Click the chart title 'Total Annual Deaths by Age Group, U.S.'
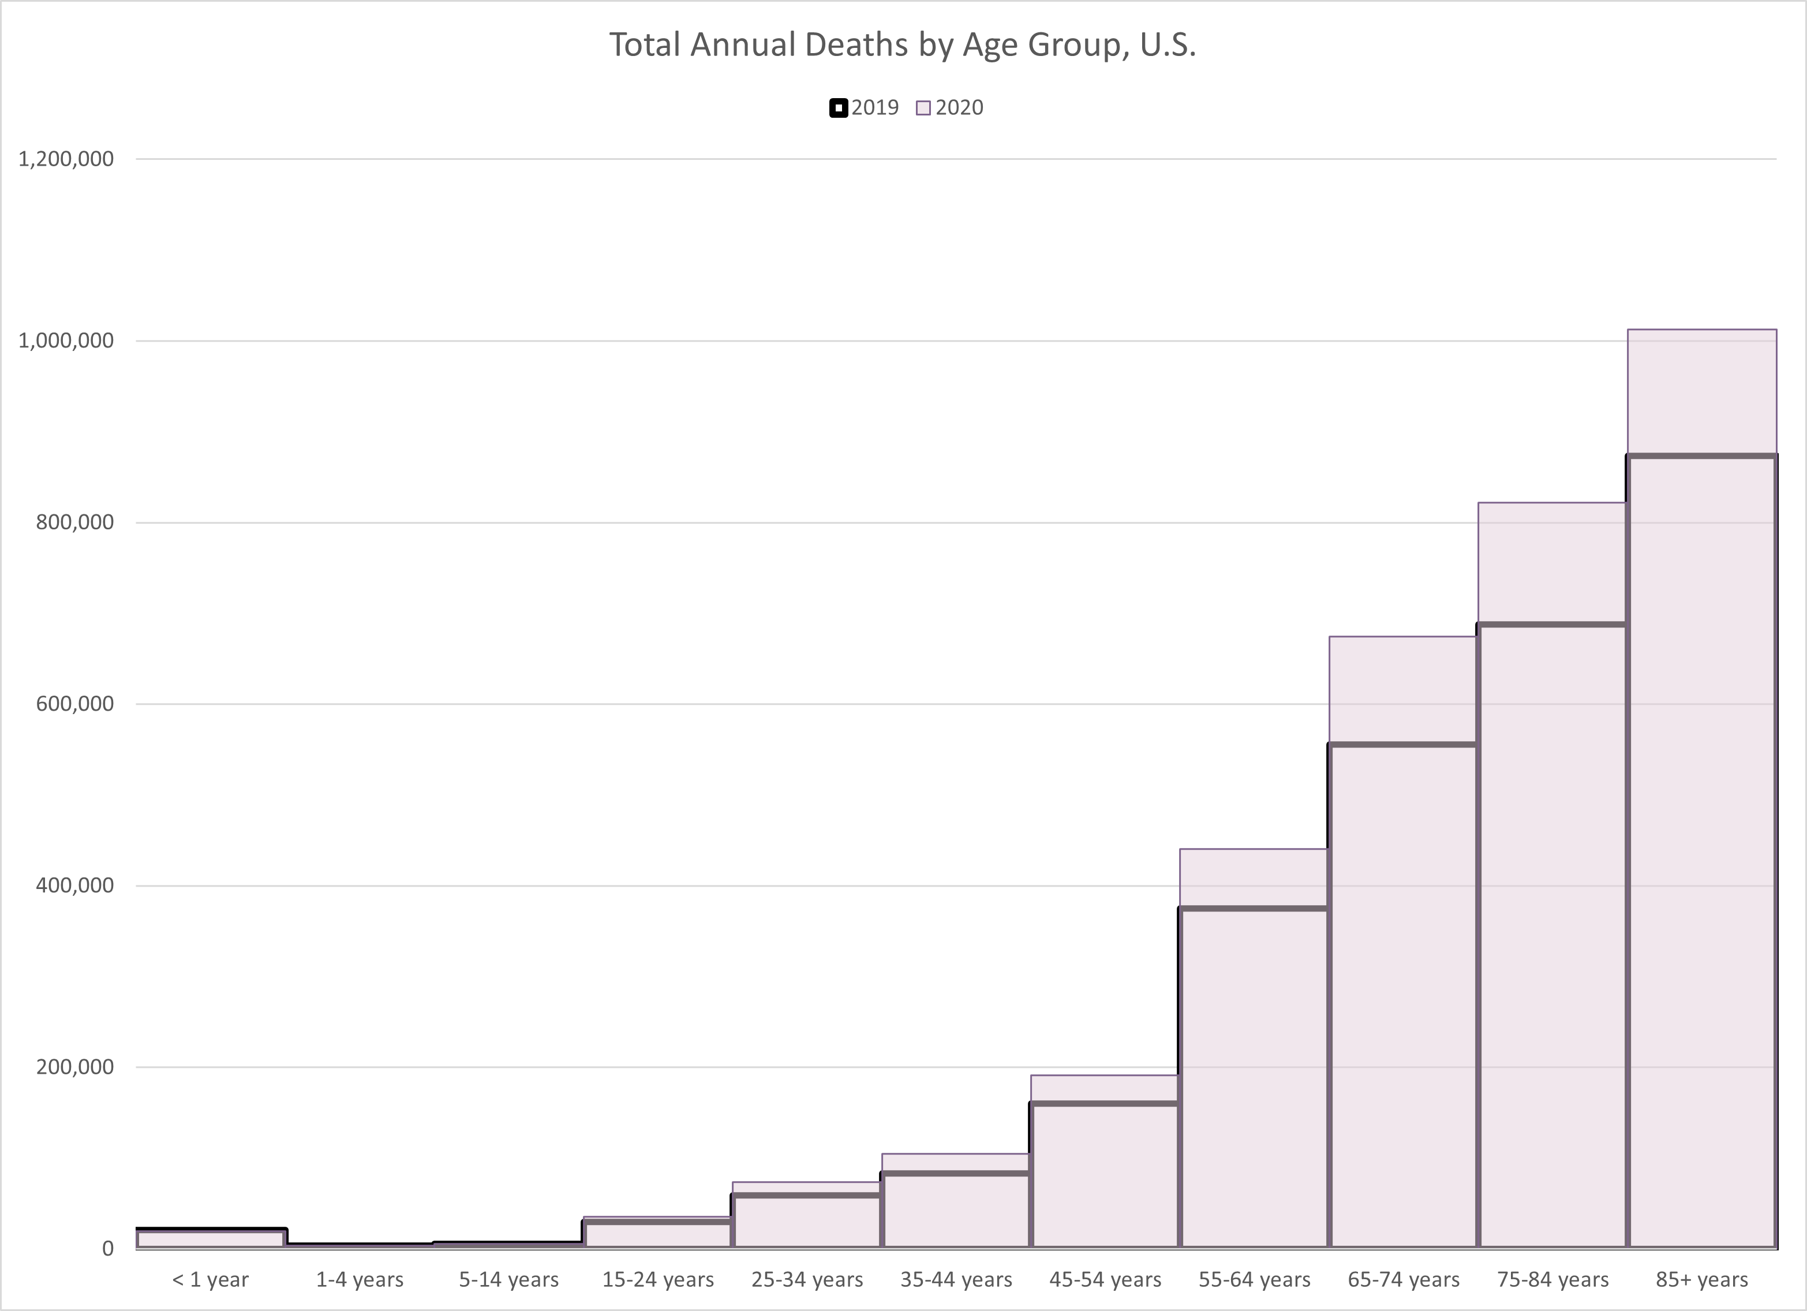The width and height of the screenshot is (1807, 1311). click(903, 44)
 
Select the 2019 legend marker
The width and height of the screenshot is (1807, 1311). click(838, 107)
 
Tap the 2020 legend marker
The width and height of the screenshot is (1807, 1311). click(923, 107)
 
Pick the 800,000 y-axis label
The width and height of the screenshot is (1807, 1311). click(75, 522)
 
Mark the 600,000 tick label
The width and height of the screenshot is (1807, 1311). click(75, 704)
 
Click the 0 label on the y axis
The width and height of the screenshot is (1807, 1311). click(107, 1249)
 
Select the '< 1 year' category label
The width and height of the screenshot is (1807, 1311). click(210, 1280)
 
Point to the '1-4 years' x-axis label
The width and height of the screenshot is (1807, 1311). click(360, 1280)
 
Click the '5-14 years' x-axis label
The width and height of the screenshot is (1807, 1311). click(508, 1280)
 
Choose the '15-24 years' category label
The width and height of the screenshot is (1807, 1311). click(657, 1280)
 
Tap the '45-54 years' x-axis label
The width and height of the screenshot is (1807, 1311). click(1105, 1280)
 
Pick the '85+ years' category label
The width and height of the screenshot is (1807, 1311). click(1702, 1280)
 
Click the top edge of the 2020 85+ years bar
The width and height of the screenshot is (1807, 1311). click(1702, 329)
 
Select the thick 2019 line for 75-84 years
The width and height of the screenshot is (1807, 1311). click(1552, 624)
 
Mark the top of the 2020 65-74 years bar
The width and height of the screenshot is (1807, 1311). click(1403, 637)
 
